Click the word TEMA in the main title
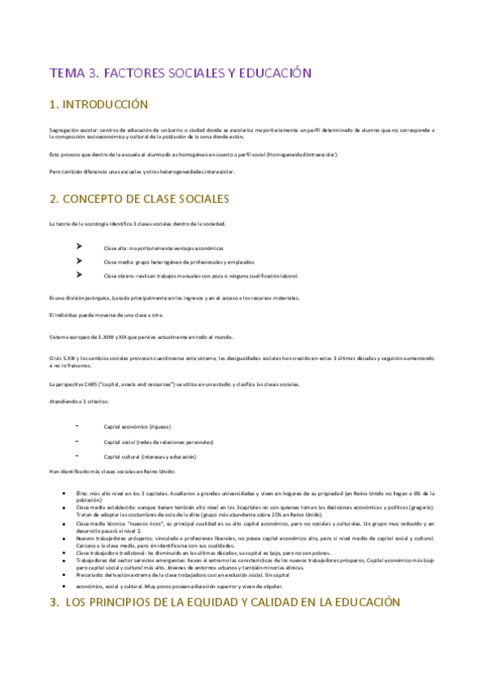(67, 74)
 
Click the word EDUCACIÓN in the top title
(273, 74)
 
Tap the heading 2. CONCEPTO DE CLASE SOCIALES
(139, 198)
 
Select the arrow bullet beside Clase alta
(78, 248)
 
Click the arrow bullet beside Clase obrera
(78, 275)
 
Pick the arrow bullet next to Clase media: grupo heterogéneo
(78, 261)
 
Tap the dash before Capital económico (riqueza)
(76, 426)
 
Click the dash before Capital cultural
(76, 457)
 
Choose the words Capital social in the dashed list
(120, 443)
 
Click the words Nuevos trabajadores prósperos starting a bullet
(113, 538)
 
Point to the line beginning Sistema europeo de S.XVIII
(129, 337)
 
